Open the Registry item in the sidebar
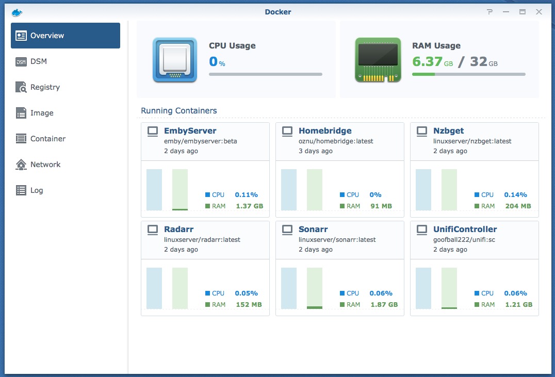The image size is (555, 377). click(x=45, y=87)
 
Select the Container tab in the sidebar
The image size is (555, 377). click(x=47, y=139)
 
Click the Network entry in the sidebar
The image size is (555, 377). click(x=45, y=165)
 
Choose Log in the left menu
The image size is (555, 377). click(x=37, y=190)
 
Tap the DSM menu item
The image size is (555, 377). click(x=38, y=61)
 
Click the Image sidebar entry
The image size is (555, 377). click(x=42, y=113)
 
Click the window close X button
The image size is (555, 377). click(x=539, y=12)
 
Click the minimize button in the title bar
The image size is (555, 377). click(x=506, y=12)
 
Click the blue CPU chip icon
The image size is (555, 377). click(x=175, y=60)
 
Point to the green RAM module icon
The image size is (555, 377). click(x=378, y=60)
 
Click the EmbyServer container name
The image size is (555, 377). click(x=190, y=131)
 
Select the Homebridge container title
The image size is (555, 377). click(x=325, y=131)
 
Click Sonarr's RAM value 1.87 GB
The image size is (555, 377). click(x=384, y=305)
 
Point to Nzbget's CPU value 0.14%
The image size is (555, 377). click(x=515, y=195)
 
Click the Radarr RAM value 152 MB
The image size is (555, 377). click(x=249, y=305)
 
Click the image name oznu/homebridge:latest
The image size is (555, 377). click(x=336, y=141)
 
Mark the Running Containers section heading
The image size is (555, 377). click(x=179, y=111)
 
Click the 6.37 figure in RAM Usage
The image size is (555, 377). click(x=427, y=62)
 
